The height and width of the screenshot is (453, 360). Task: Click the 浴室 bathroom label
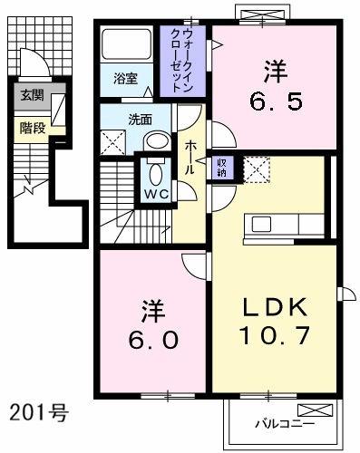point(126,79)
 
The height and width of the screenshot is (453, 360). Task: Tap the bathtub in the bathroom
point(127,44)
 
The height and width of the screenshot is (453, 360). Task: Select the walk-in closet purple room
point(182,62)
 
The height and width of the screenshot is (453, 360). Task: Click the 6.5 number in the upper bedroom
point(276,101)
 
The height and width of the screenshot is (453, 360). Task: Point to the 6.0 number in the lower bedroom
point(153,340)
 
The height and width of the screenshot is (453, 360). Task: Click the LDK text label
point(275,308)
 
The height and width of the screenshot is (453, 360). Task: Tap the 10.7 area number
point(275,335)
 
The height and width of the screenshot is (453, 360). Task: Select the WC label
point(156,195)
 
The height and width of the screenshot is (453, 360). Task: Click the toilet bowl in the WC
point(156,175)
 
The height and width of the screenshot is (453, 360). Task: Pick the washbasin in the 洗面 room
point(158,141)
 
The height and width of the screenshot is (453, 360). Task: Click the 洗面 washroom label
point(140,120)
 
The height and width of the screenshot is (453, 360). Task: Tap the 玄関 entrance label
point(33,95)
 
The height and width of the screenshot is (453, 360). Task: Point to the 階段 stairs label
point(33,129)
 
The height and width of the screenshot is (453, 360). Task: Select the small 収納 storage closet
point(222,168)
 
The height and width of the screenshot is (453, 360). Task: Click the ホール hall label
point(190,157)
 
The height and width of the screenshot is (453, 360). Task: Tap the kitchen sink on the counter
point(262,225)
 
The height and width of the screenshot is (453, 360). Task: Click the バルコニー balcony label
point(285,424)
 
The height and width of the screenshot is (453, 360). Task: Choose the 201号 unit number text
point(39,413)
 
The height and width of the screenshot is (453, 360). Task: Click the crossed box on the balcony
point(316,410)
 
